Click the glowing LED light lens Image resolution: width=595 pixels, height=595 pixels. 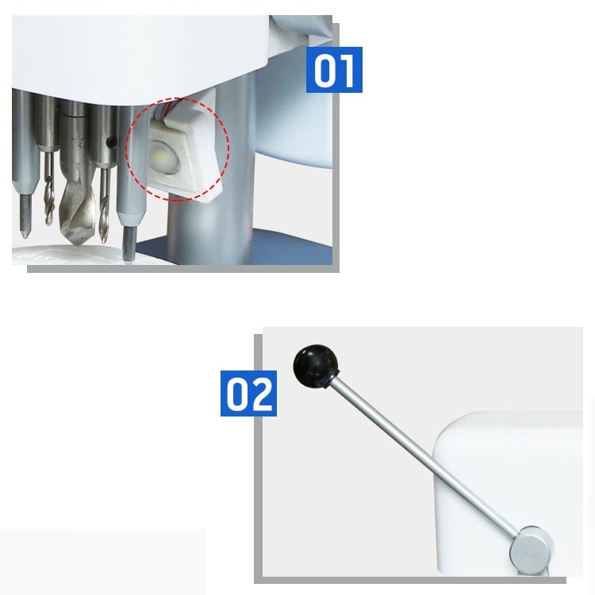pyautogui.click(x=164, y=155)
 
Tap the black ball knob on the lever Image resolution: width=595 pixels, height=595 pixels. pyautogui.click(x=316, y=367)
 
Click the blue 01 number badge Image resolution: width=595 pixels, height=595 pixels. pyautogui.click(x=334, y=70)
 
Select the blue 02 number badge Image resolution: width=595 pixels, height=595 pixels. pyautogui.click(x=248, y=393)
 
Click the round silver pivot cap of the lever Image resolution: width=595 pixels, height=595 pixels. pyautogui.click(x=531, y=547)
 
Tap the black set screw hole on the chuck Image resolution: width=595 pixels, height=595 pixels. pyautogui.click(x=112, y=142)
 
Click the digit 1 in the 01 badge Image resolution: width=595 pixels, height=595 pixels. pyautogui.click(x=347, y=70)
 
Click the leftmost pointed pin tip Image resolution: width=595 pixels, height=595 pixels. pyautogui.click(x=25, y=235)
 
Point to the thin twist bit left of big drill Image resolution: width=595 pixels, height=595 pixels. pyautogui.click(x=48, y=189)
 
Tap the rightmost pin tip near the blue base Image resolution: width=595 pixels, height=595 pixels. pyautogui.click(x=129, y=260)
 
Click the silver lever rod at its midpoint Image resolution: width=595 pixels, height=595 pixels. pyautogui.click(x=423, y=455)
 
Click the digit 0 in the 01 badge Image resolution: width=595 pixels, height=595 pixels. pyautogui.click(x=324, y=70)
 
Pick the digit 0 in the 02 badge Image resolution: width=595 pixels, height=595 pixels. pyautogui.click(x=236, y=393)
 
